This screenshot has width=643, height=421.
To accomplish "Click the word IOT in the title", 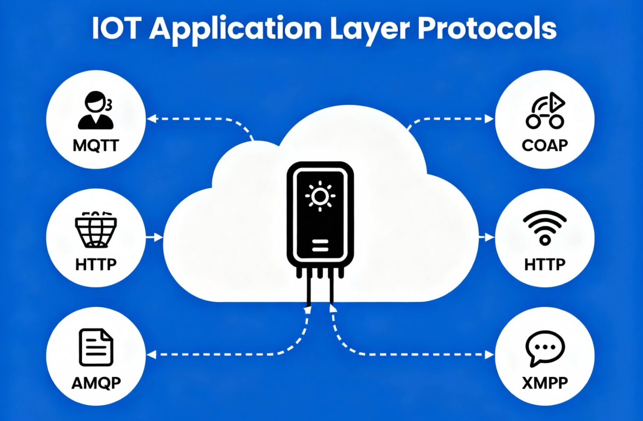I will coord(116,29).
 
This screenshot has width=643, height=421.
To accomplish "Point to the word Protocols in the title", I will coord(487,29).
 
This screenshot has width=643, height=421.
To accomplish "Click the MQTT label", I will coord(96,146).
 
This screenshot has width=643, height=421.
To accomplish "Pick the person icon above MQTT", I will coord(96,110).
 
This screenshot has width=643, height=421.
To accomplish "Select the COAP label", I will coord(545,146).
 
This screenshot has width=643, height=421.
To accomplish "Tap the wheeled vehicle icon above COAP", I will coord(545,111).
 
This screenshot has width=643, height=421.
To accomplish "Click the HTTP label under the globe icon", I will coord(96,264).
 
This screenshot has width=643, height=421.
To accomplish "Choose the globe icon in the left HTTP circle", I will coord(96,230).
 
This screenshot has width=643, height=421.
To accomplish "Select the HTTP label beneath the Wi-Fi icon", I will coord(545,264).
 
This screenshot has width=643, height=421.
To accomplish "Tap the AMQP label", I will coord(96,383).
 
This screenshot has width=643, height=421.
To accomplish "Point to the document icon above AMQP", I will coord(96,347).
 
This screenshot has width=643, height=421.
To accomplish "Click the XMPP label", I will coord(545,383).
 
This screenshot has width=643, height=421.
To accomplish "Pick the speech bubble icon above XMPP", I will coord(545,348).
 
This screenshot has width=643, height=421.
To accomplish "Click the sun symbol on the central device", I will coord(320,196).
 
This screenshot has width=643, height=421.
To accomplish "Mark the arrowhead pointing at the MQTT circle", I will coord(151,119).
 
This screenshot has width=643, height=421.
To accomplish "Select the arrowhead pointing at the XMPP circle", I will coord(489,354).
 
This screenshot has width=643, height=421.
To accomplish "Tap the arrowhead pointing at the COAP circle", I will coord(489,119).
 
